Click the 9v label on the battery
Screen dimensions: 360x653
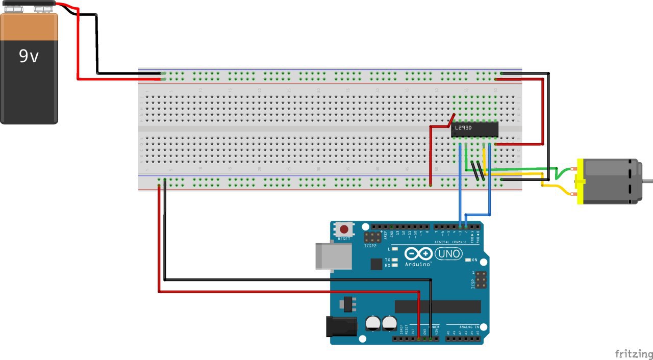[x=29, y=56]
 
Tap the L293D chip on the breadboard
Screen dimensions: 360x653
[x=474, y=130]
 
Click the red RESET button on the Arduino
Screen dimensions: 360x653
[x=344, y=229]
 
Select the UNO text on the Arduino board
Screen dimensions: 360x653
[x=449, y=253]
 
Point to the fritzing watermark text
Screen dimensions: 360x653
[x=633, y=354]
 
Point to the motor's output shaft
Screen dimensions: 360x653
[x=648, y=181]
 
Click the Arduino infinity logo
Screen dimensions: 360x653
[x=418, y=253]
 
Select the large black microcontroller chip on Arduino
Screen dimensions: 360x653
[x=438, y=306]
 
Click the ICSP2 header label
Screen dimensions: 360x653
[x=370, y=246]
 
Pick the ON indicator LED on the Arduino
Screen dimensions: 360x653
[x=468, y=260]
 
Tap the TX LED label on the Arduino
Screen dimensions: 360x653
[x=387, y=260]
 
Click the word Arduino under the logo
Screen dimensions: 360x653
[x=417, y=265]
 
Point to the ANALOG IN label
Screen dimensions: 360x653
[x=470, y=326]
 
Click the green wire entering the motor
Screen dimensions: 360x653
[x=561, y=174]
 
